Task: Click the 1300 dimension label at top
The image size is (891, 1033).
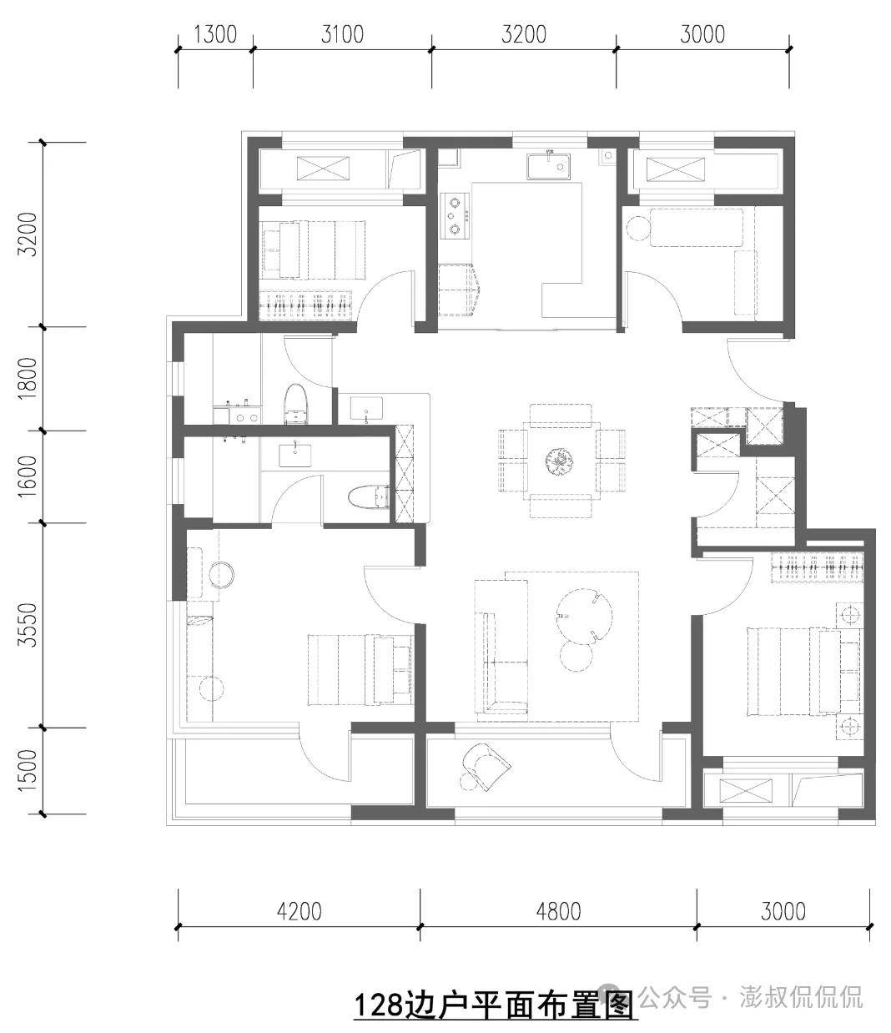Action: pyautogui.click(x=215, y=34)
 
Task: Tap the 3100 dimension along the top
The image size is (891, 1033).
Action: pyautogui.click(x=342, y=34)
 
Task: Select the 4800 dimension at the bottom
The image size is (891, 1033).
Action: pyautogui.click(x=559, y=911)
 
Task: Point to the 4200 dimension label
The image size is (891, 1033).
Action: pyautogui.click(x=300, y=911)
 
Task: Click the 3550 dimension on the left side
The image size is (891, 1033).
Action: pyautogui.click(x=27, y=625)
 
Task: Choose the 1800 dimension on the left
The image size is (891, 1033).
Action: pyautogui.click(x=27, y=378)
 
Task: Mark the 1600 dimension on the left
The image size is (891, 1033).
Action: pyautogui.click(x=27, y=476)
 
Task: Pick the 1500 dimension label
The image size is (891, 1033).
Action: pyautogui.click(x=27, y=770)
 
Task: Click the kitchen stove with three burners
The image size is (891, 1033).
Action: pyautogui.click(x=455, y=216)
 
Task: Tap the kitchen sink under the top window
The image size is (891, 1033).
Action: pyautogui.click(x=547, y=166)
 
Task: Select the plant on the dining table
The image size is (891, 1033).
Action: pyautogui.click(x=560, y=461)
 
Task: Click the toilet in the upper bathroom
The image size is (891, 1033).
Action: pyautogui.click(x=295, y=405)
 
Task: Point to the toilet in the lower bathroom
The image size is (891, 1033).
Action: pyautogui.click(x=369, y=497)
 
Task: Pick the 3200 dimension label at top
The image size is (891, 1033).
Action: pyautogui.click(x=523, y=34)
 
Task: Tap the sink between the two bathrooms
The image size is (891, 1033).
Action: pyautogui.click(x=366, y=408)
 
